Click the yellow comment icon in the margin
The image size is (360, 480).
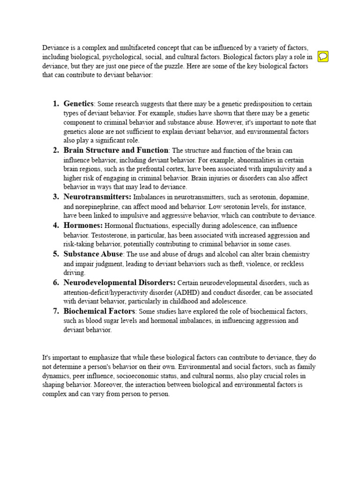pos(322,57)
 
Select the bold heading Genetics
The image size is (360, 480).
pos(79,104)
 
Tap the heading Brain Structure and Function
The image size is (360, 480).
pos(116,150)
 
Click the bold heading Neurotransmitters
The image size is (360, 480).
pos(97,196)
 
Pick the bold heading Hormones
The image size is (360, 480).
pos(83,225)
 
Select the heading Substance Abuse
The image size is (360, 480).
pos(93,254)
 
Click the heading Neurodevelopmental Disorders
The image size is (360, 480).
pos(120,283)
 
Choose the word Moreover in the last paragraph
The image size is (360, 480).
pos(109,385)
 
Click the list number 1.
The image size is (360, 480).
pos(55,104)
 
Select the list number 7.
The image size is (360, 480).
pos(55,311)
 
